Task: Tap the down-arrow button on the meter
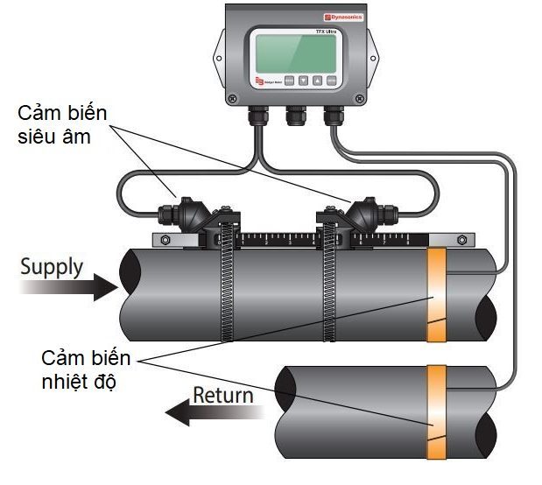[x=303, y=81]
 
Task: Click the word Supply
[x=53, y=266]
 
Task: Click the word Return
[x=222, y=394]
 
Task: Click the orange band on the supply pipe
[x=436, y=294]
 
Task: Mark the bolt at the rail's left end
[x=162, y=239]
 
